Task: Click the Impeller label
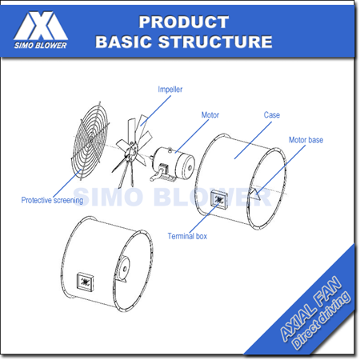[170, 90]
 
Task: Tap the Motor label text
[210, 115]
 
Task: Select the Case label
[272, 115]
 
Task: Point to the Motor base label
[306, 140]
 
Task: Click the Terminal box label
[187, 236]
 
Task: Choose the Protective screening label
[52, 200]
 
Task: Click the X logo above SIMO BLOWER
[41, 26]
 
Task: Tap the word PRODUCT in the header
[184, 22]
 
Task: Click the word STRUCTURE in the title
[215, 42]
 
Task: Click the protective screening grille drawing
[90, 141]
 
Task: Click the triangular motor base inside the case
[255, 194]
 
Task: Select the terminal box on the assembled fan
[86, 282]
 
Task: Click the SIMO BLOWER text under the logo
[41, 46]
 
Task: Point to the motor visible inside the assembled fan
[122, 269]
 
